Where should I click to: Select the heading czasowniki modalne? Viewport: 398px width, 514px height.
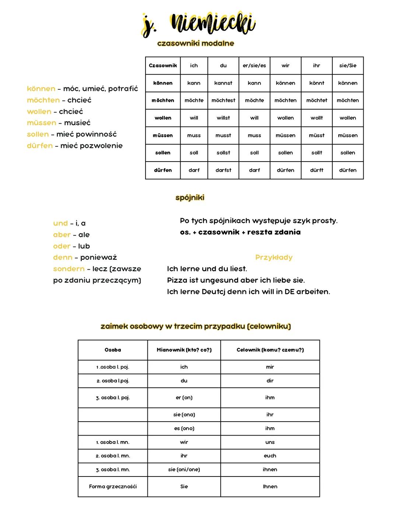pos(195,43)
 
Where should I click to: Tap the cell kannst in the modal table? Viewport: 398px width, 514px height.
pos(223,83)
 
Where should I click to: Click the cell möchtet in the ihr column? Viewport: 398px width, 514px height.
pos(317,100)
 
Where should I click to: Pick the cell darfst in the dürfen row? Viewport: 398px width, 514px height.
pos(223,170)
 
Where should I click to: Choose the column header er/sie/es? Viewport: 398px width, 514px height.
pos(254,66)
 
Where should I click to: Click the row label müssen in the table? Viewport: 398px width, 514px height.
pos(163,135)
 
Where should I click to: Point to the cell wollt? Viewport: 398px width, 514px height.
pos(317,118)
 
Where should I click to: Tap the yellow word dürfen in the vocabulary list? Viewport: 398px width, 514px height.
pos(40,146)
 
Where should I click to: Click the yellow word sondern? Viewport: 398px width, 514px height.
pos(69,269)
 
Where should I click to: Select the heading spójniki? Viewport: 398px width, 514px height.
pos(190,198)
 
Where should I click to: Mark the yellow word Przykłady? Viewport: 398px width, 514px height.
pos(274,258)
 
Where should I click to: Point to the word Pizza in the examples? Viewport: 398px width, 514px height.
pos(177,280)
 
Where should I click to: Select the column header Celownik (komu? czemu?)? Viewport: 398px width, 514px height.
pos(270,350)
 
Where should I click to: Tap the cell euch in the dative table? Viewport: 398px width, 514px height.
pos(270,456)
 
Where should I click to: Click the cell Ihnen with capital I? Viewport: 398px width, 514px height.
pos(270,487)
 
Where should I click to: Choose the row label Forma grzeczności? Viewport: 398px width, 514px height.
pos(113,487)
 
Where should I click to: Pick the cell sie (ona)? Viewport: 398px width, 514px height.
pos(184,415)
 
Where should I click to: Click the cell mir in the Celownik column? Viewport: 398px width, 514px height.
pos(270,367)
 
